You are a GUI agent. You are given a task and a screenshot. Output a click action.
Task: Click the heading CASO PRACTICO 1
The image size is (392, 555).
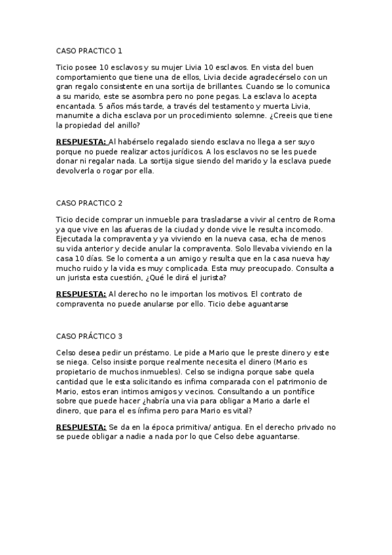[89, 50]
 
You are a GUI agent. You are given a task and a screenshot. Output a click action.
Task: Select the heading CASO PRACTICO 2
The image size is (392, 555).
[90, 203]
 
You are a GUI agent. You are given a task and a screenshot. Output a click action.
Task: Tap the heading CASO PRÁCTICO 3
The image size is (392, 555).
[90, 336]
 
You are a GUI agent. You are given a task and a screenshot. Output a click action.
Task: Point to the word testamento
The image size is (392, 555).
[239, 105]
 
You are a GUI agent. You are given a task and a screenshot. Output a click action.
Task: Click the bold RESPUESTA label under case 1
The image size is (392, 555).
[81, 141]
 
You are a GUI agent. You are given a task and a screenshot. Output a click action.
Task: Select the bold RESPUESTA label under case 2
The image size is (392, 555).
[81, 294]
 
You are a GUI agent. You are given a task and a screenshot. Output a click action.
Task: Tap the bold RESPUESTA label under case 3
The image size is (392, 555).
[81, 427]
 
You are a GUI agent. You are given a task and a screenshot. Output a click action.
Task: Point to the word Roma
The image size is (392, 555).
[326, 219]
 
